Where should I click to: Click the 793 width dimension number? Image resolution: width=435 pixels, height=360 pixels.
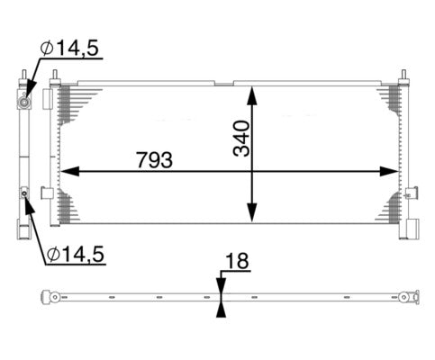[x=154, y=158]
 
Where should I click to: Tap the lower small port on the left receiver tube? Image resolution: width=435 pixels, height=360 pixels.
[x=24, y=193]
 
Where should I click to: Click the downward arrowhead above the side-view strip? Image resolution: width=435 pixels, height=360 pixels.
[x=221, y=285]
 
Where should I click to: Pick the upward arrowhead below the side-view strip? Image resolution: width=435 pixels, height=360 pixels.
[x=221, y=308]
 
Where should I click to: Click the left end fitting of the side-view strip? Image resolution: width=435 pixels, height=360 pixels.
[x=53, y=297]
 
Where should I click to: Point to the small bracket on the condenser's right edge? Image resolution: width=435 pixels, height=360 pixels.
[x=411, y=193]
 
